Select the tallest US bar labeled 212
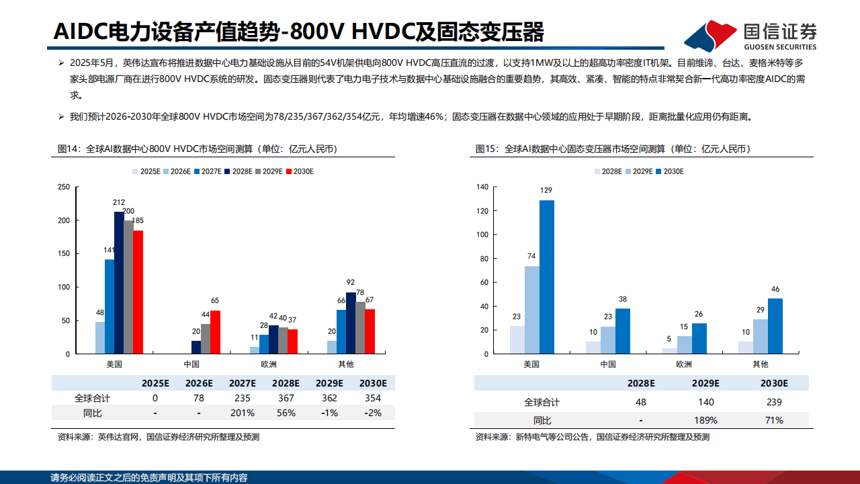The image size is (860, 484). coord(119,282)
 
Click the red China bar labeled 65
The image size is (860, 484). coord(215,332)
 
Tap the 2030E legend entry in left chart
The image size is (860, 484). coord(300,171)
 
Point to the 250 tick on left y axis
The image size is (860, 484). coord(63,187)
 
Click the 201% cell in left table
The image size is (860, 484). coord(243,413)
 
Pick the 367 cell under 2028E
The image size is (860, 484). coord(286,398)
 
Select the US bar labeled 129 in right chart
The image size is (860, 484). coord(547,277)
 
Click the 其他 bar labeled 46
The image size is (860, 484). coord(775,326)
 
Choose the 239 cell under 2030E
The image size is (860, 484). coord(773,402)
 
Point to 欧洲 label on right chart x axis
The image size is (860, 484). coord(683,364)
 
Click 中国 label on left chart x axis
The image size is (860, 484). coord(191,364)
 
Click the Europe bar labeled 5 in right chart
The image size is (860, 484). coord(669,350)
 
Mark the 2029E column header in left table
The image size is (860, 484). coord(329,383)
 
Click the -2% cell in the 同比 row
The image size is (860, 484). coord(372,413)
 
